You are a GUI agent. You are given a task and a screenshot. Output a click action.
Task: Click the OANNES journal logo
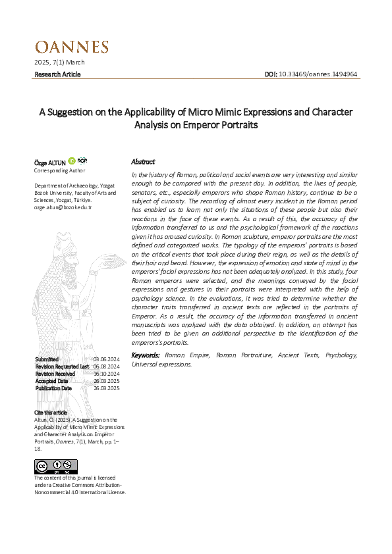[x=71, y=47]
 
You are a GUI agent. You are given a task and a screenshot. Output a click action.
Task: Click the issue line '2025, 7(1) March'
[x=59, y=63]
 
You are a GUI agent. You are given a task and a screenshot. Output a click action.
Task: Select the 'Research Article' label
[x=57, y=74]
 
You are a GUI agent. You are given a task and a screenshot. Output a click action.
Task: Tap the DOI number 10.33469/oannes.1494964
[x=318, y=74]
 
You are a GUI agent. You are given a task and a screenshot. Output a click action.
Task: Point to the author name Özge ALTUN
[x=49, y=162]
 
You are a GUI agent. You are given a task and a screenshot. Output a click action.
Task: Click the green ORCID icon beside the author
[x=72, y=161]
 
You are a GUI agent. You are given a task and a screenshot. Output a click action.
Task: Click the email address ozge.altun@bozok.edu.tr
[x=63, y=207]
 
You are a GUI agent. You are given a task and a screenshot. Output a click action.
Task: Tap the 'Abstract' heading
[x=143, y=161]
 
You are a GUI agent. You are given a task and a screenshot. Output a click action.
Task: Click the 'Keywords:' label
[x=146, y=355]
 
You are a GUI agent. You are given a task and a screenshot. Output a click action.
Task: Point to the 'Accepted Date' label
[x=51, y=381]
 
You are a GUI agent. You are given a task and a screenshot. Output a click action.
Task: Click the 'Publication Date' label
[x=53, y=388]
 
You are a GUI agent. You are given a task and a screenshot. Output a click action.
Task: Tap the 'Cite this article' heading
[x=51, y=412]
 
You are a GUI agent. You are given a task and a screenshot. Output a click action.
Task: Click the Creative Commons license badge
[x=50, y=466]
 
